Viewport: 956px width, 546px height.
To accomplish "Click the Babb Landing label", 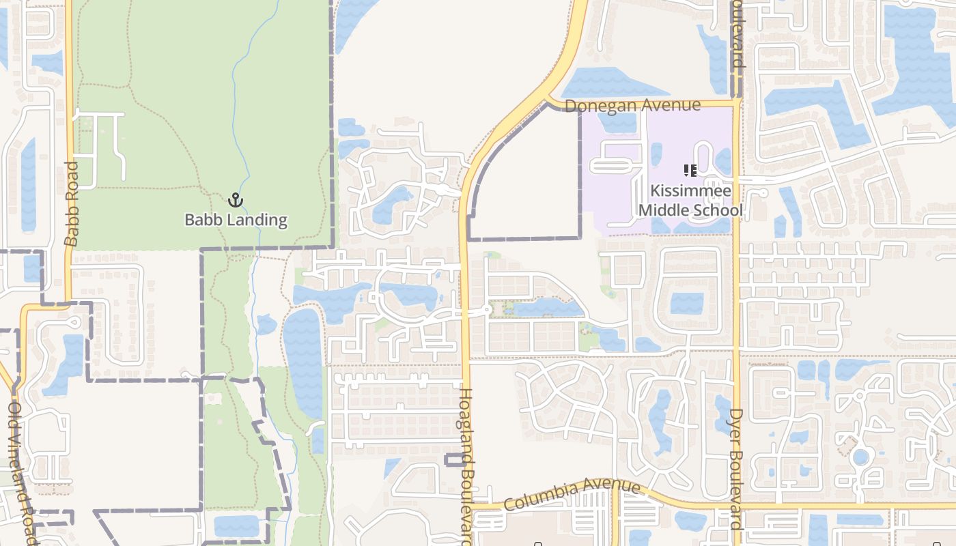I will pyautogui.click(x=236, y=220).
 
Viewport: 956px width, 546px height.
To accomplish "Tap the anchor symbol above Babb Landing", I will pyautogui.click(x=236, y=200).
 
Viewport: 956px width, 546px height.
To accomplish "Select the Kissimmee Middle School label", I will pyautogui.click(x=690, y=200).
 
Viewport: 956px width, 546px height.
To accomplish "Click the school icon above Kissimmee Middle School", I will pyautogui.click(x=690, y=171).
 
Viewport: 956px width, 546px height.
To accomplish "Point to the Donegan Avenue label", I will pyautogui.click(x=632, y=106).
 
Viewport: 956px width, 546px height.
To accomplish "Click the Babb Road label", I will pyautogui.click(x=72, y=203).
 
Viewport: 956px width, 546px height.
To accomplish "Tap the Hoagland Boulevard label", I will pyautogui.click(x=466, y=465).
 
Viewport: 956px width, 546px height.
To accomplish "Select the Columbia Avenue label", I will pyautogui.click(x=572, y=495).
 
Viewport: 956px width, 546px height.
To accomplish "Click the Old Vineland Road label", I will pyautogui.click(x=19, y=471).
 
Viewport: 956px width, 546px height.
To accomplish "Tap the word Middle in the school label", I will pyautogui.click(x=662, y=210).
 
